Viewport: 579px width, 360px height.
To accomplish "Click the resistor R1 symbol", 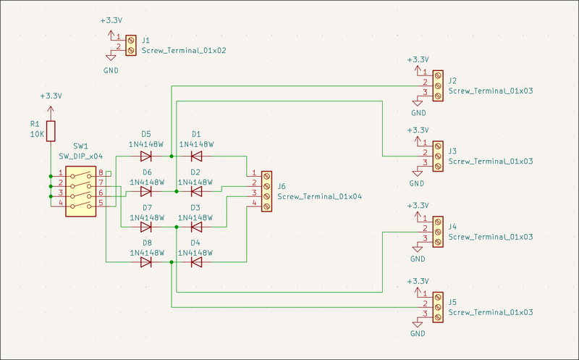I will click(50, 130).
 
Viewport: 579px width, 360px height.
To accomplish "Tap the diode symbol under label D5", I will click(146, 156).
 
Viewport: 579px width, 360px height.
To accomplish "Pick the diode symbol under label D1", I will click(196, 156).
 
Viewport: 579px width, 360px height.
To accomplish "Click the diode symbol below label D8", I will click(146, 262).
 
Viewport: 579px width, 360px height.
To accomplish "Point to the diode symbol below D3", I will click(196, 227).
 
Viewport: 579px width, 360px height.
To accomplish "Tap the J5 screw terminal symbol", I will click(437, 306).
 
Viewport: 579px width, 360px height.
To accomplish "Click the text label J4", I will click(453, 227).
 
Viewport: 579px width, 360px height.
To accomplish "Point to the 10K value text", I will click(38, 135).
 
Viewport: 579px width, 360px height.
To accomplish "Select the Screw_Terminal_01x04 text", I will click(320, 196).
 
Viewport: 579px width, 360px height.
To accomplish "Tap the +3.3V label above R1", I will click(51, 96).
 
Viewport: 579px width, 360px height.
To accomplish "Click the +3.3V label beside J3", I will click(418, 130).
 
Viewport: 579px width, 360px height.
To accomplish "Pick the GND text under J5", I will click(418, 334).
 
